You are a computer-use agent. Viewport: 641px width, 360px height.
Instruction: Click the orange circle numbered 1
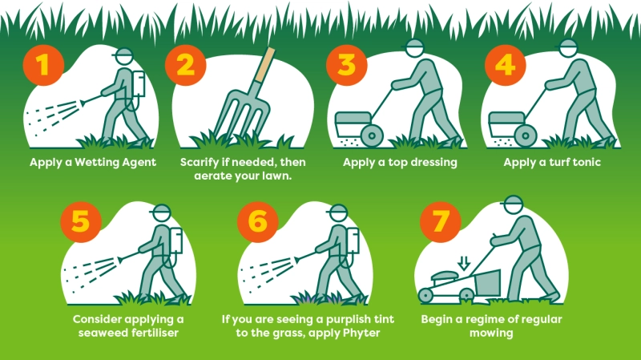(43, 65)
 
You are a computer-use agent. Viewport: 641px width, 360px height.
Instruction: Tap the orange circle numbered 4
(506, 65)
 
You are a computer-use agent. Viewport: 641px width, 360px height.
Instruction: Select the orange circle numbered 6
(257, 222)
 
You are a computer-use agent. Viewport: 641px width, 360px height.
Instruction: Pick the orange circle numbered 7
(440, 222)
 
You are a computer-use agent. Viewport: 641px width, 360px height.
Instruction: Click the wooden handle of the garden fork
(265, 64)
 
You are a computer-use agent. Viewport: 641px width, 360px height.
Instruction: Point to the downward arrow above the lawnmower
(463, 263)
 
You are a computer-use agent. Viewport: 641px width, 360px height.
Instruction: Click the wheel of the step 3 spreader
(372, 135)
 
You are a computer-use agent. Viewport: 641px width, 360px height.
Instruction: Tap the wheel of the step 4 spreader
(526, 135)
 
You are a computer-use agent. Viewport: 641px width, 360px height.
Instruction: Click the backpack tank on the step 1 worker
(138, 84)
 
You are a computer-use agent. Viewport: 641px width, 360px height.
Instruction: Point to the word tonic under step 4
(587, 163)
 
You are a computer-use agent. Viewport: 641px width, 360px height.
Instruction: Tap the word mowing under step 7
(491, 333)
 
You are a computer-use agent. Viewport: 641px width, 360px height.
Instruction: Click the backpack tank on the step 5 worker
(175, 241)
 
